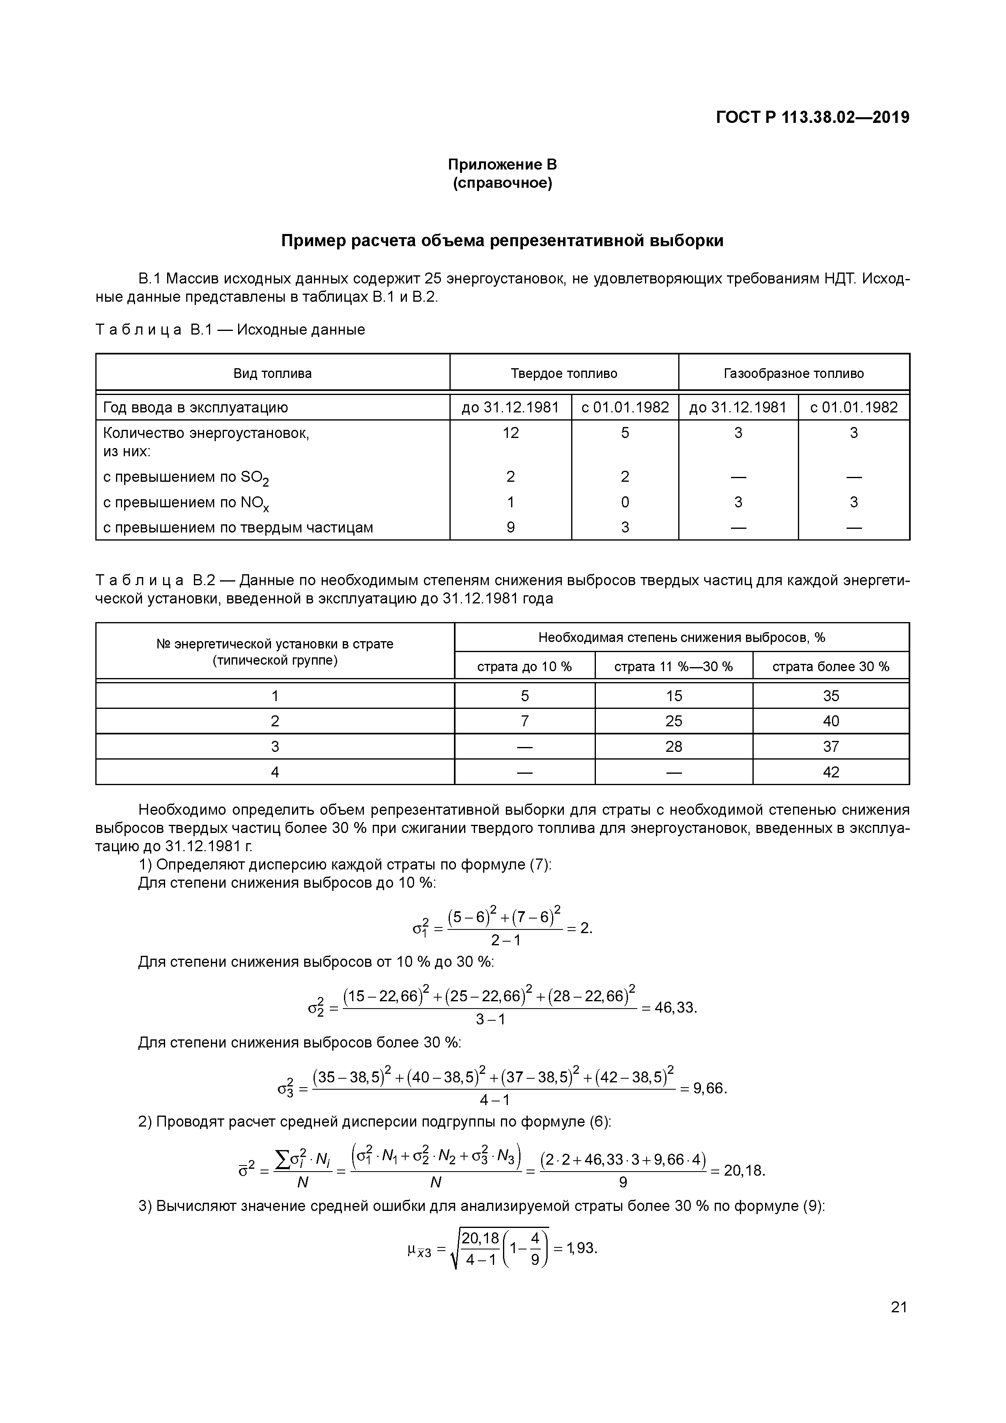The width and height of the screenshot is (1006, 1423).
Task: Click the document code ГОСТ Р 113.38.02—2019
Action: tap(813, 117)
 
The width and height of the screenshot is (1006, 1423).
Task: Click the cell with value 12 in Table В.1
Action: tap(510, 433)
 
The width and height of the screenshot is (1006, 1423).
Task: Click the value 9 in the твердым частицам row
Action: tap(510, 528)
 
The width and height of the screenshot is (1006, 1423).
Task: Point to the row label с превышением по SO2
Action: tap(186, 477)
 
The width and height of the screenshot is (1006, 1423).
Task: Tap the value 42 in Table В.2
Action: tap(831, 772)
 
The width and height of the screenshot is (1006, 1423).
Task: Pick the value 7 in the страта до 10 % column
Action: tap(524, 721)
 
